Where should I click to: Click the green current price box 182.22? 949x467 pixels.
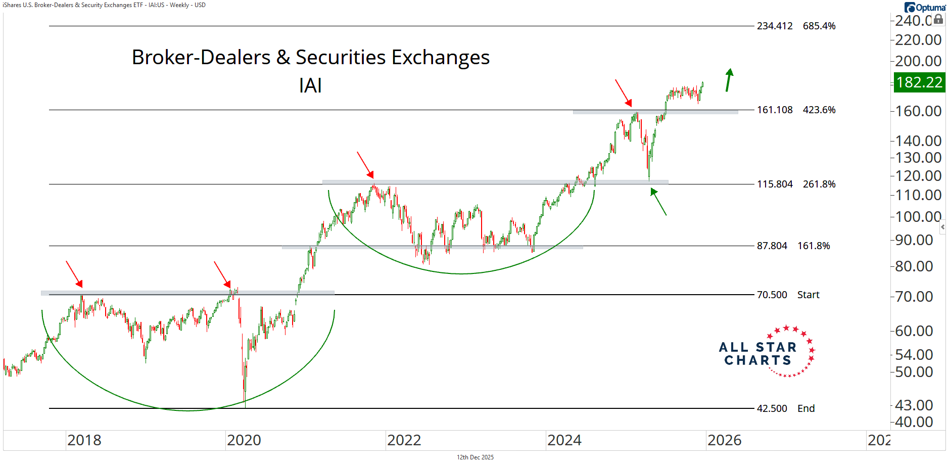(919, 82)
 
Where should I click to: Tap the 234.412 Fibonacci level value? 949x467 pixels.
(774, 26)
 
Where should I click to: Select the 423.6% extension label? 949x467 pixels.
(819, 110)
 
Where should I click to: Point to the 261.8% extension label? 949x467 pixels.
(819, 184)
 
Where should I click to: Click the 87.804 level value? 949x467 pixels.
(772, 246)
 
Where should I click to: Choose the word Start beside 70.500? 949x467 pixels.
(808, 295)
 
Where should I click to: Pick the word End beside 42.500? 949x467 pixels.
(806, 409)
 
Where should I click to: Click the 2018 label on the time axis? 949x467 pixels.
(84, 440)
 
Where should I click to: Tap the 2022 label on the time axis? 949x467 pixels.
(404, 440)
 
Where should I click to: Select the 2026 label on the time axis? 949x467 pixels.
(724, 440)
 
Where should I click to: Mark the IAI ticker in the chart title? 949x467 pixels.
(310, 86)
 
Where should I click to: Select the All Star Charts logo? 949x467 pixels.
(766, 353)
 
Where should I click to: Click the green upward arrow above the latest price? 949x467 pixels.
(729, 80)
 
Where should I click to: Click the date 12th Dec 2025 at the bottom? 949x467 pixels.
(475, 457)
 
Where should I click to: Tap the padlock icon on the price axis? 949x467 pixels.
(938, 20)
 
